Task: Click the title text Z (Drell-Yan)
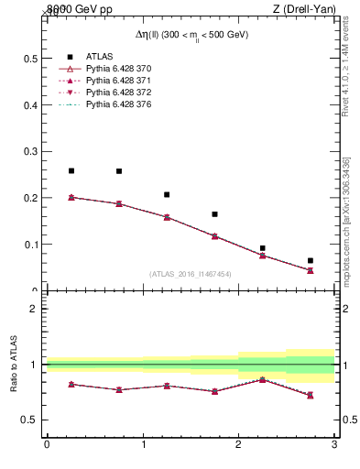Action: [302, 9]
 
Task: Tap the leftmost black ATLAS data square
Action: [71, 170]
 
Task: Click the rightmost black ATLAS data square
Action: [311, 260]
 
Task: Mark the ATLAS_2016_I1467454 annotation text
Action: [191, 274]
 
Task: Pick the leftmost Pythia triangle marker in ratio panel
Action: [71, 384]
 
